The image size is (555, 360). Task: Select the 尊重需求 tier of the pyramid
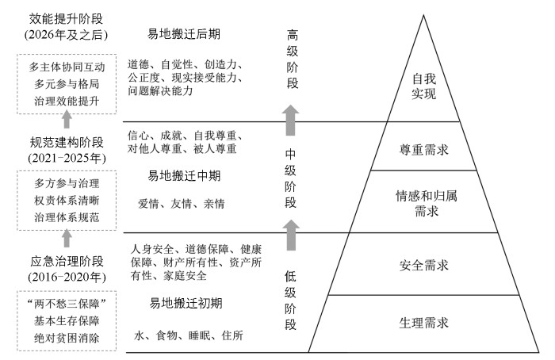pos(424,147)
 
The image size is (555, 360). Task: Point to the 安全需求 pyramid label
pos(424,264)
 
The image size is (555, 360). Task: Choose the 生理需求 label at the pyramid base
pos(424,323)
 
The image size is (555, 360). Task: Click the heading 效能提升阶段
pos(67,17)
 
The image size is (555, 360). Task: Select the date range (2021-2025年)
pos(67,159)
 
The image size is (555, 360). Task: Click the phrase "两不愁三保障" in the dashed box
pos(67,304)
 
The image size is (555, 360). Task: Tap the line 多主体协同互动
pos(67,66)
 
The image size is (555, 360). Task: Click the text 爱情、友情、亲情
pos(182,204)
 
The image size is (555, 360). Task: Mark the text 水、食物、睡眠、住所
pos(189,336)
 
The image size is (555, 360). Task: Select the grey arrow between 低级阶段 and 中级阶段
pos(291,236)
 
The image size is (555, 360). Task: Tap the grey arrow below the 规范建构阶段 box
pos(67,236)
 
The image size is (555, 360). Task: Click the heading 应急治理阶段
pos(67,259)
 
